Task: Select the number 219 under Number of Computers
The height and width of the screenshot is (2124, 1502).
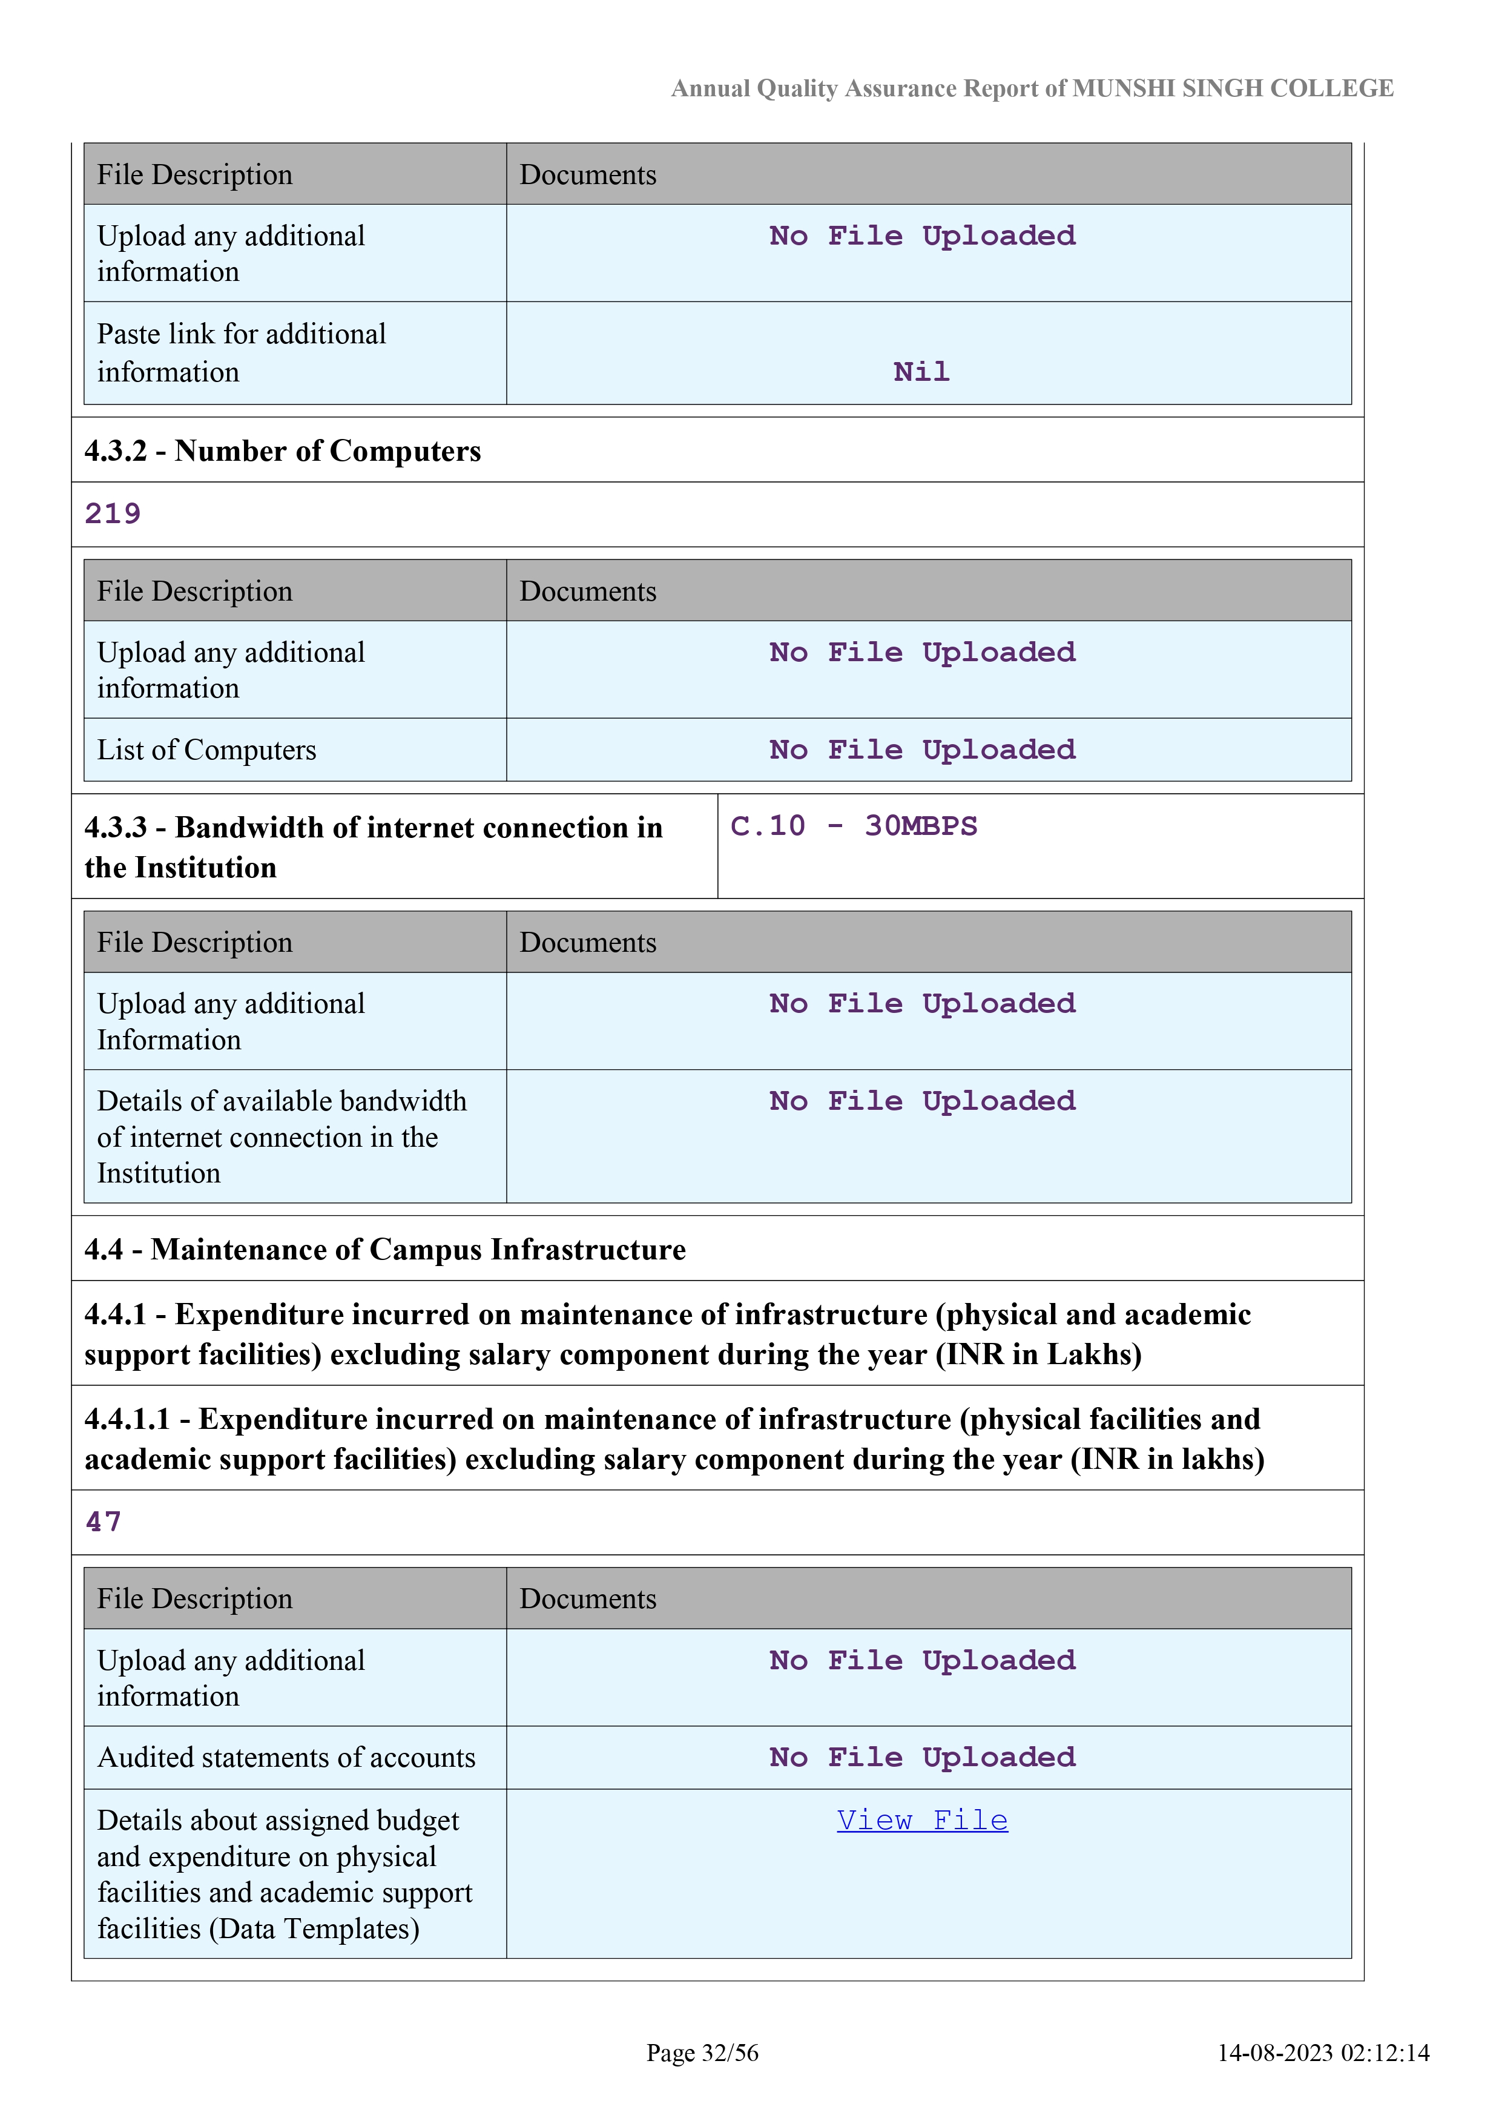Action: pos(113,514)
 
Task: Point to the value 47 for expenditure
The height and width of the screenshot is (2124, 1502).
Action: pos(104,1522)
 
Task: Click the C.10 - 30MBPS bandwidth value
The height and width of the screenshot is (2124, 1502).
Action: pos(853,825)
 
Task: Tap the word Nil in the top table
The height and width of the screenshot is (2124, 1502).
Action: pos(921,372)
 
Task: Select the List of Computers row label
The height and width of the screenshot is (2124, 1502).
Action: pos(206,750)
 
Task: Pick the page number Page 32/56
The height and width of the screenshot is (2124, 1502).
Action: pos(702,2053)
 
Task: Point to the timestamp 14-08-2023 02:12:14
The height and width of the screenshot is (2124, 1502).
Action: pos(1323,2053)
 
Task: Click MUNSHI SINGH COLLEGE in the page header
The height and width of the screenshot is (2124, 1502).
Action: pos(1233,89)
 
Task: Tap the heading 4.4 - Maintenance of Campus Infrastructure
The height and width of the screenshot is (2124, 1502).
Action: pos(385,1249)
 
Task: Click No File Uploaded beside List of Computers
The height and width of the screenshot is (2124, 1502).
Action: pos(922,750)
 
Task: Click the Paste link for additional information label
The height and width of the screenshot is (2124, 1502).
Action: pos(242,352)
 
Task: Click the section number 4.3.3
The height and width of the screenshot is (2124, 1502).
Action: pos(116,827)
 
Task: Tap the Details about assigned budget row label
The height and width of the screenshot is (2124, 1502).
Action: pos(284,1873)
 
